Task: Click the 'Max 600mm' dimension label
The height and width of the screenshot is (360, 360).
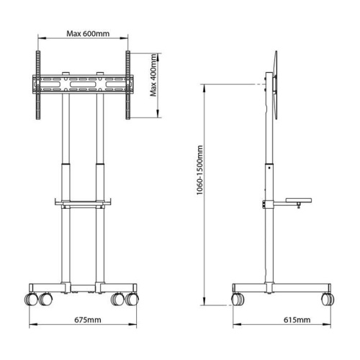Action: tap(83, 33)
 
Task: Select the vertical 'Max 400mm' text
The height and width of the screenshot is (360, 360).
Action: tap(153, 84)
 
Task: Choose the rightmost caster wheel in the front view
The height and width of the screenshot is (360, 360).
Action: tap(132, 297)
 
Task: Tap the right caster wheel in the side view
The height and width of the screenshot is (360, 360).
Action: tap(328, 297)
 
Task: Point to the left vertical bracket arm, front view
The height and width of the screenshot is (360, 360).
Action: tap(37, 84)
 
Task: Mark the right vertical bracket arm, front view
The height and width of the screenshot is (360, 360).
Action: tap(128, 84)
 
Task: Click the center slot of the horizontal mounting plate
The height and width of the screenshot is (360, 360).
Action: tap(83, 84)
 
